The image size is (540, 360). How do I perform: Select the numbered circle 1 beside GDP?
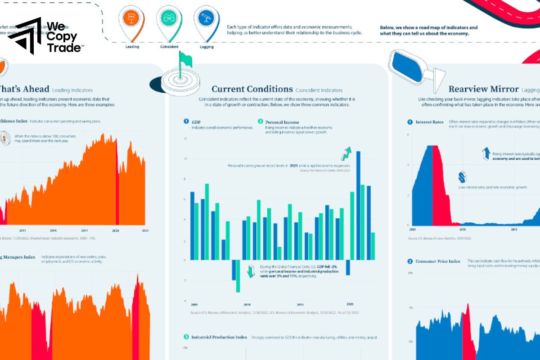tap(186, 121)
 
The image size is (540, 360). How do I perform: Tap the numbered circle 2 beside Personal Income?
tap(261, 121)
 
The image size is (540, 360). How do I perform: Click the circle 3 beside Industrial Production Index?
tap(186, 337)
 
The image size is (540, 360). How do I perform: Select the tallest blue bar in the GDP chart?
tap(358, 205)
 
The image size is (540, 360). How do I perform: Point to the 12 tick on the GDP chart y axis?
tap(185, 138)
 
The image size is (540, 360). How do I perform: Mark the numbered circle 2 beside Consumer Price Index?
tap(410, 261)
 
